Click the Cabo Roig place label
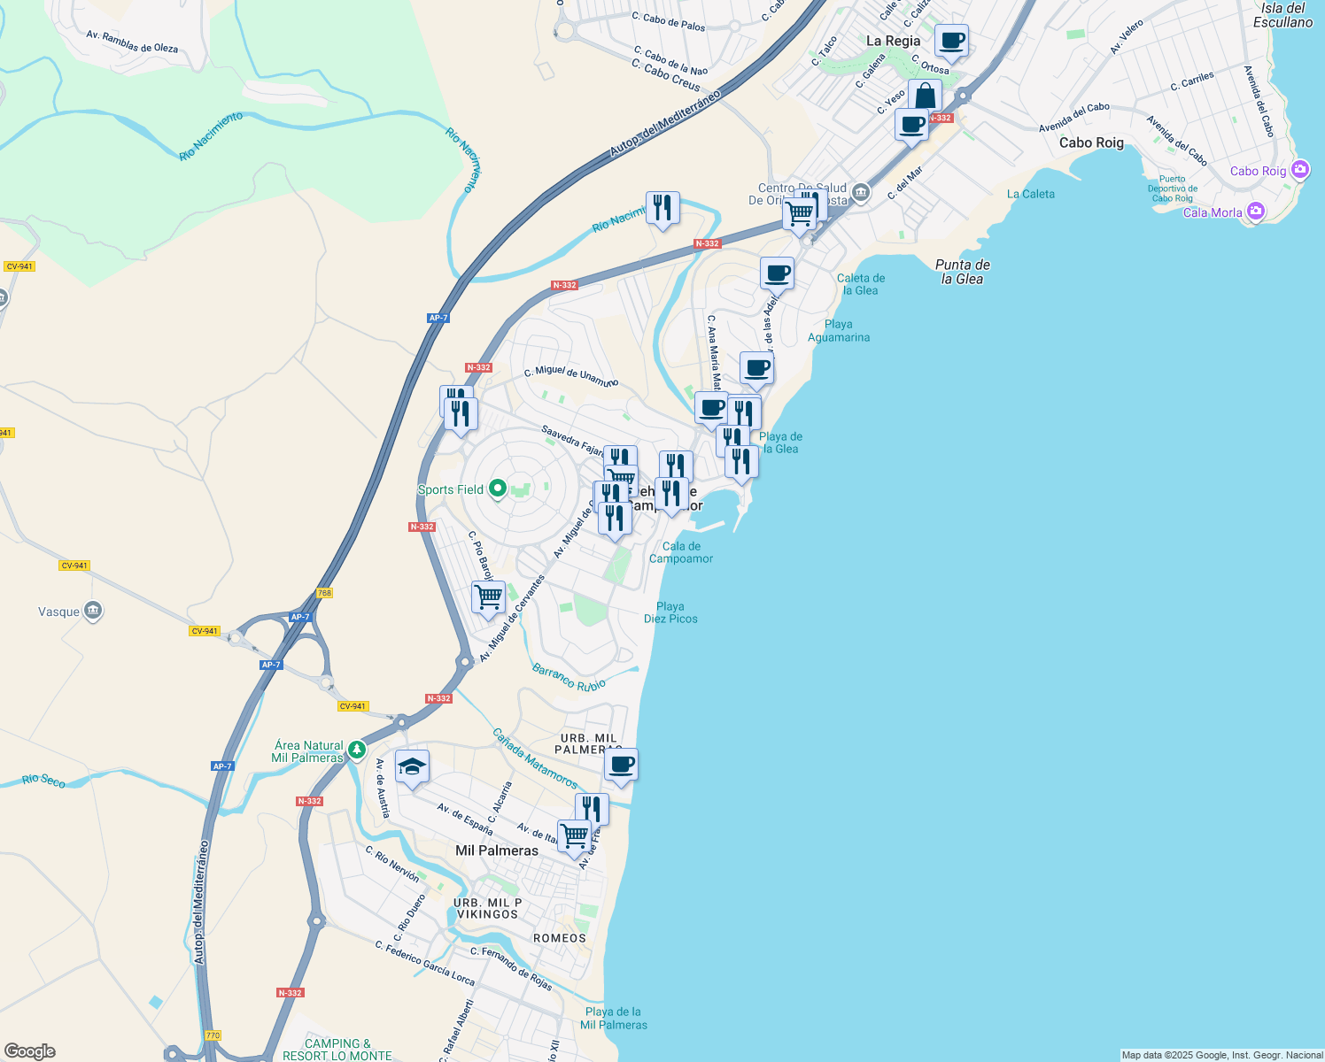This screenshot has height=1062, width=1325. coord(1091,142)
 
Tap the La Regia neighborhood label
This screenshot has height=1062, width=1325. coord(893,41)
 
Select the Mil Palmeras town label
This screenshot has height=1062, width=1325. coord(496,850)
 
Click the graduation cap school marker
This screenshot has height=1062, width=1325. coord(412,766)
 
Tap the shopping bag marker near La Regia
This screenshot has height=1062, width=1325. coord(925,96)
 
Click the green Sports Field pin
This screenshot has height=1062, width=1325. coord(498,489)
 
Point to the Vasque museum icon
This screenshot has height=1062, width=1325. coord(93,611)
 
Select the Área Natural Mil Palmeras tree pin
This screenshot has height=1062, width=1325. coord(356,750)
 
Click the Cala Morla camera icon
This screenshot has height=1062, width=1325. coord(1255,211)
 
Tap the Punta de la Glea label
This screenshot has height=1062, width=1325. coord(963,272)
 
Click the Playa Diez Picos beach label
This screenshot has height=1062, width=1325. coord(670,612)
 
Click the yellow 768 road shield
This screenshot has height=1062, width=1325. coord(324,593)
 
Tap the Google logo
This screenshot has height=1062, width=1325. coord(30,1051)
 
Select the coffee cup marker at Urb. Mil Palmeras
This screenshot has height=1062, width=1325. coord(622,764)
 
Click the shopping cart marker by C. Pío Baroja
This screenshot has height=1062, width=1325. coord(488,597)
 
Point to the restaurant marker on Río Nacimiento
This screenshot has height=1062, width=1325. coord(662,208)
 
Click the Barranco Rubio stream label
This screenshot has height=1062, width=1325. coord(569,678)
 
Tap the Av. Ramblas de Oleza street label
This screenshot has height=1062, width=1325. coord(132,42)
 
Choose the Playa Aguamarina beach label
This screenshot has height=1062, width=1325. coord(839,330)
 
